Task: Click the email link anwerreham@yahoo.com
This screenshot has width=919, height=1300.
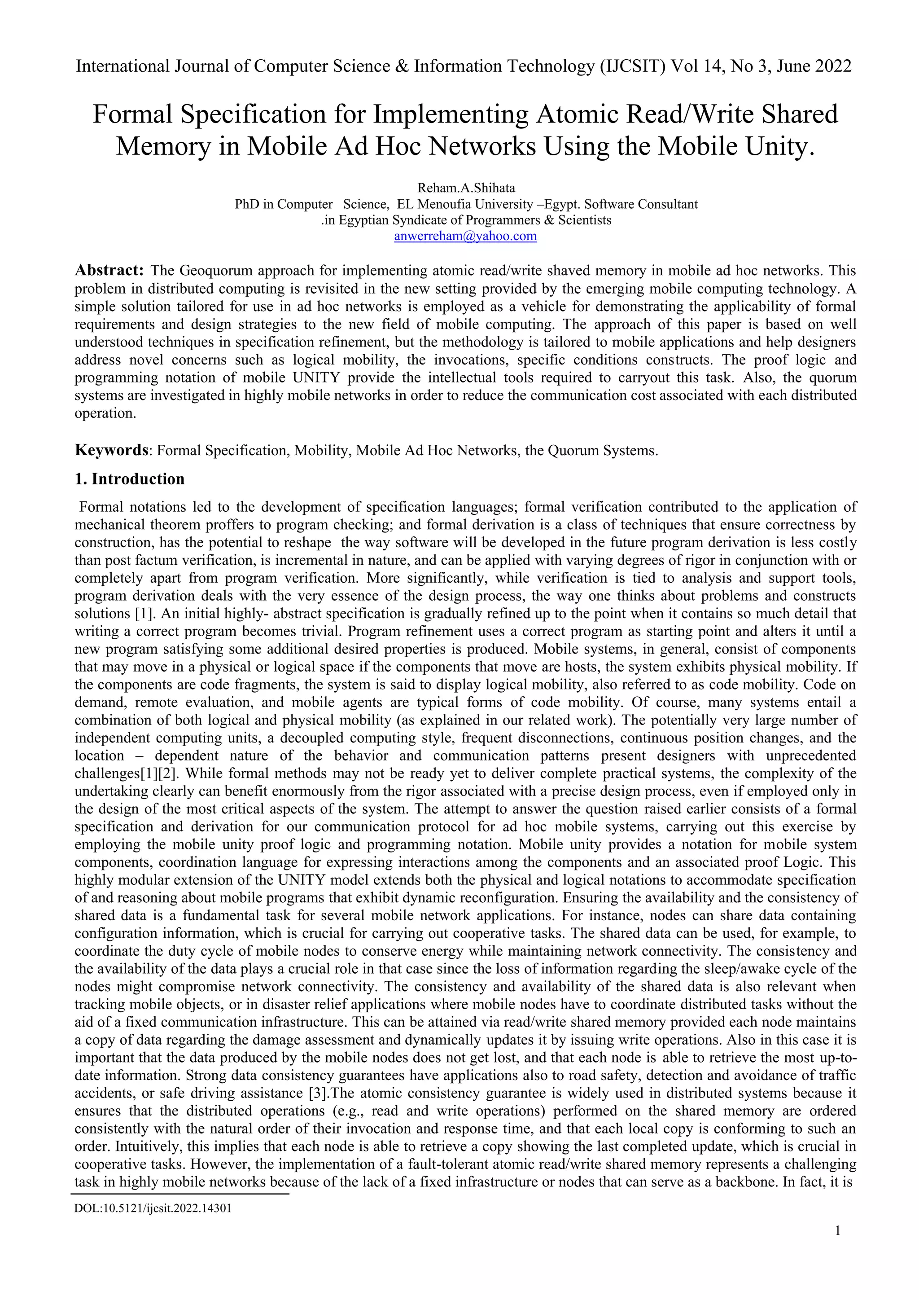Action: (x=465, y=236)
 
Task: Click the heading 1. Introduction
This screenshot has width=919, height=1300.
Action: (x=130, y=479)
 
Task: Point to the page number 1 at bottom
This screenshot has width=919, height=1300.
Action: (x=837, y=1246)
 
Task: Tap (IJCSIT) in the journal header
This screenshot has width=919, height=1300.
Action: (x=633, y=66)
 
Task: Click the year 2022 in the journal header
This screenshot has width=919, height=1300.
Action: (x=833, y=66)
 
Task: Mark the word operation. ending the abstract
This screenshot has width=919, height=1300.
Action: (x=106, y=413)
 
